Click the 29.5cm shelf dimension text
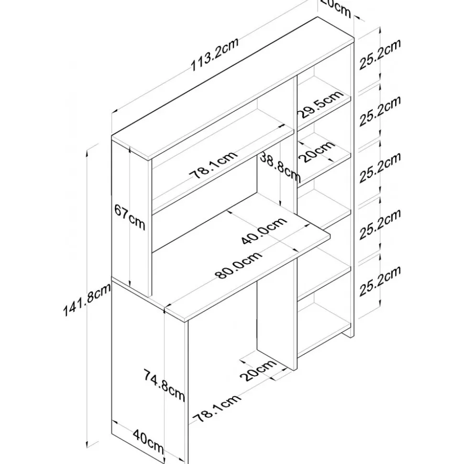[x=320, y=106]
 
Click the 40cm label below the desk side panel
[x=148, y=442]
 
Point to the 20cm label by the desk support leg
[x=258, y=371]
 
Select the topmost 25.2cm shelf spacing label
[x=379, y=55]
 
